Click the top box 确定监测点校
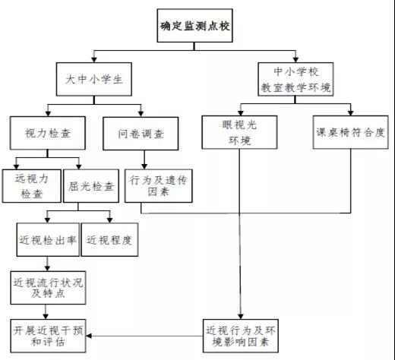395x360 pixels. [194, 26]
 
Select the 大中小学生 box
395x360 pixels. [94, 79]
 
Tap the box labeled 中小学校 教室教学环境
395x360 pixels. [295, 79]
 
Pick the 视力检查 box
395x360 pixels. [48, 133]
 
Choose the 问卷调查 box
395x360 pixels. [141, 134]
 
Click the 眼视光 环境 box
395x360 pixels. [239, 132]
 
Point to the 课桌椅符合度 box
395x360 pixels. [350, 132]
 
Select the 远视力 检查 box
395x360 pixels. [32, 186]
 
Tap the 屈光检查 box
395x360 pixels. [91, 186]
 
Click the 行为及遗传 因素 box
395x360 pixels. [159, 186]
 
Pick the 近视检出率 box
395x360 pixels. [48, 239]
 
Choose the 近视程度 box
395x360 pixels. [109, 239]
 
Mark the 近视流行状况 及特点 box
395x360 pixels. [48, 288]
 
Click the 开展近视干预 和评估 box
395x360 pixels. [48, 336]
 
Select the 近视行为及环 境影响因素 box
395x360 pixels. [241, 336]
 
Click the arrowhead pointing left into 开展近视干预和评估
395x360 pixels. [88, 336]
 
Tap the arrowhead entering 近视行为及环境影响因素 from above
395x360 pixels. [241, 317]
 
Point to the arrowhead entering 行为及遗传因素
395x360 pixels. [144, 166]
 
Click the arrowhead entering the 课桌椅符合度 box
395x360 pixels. [350, 113]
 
